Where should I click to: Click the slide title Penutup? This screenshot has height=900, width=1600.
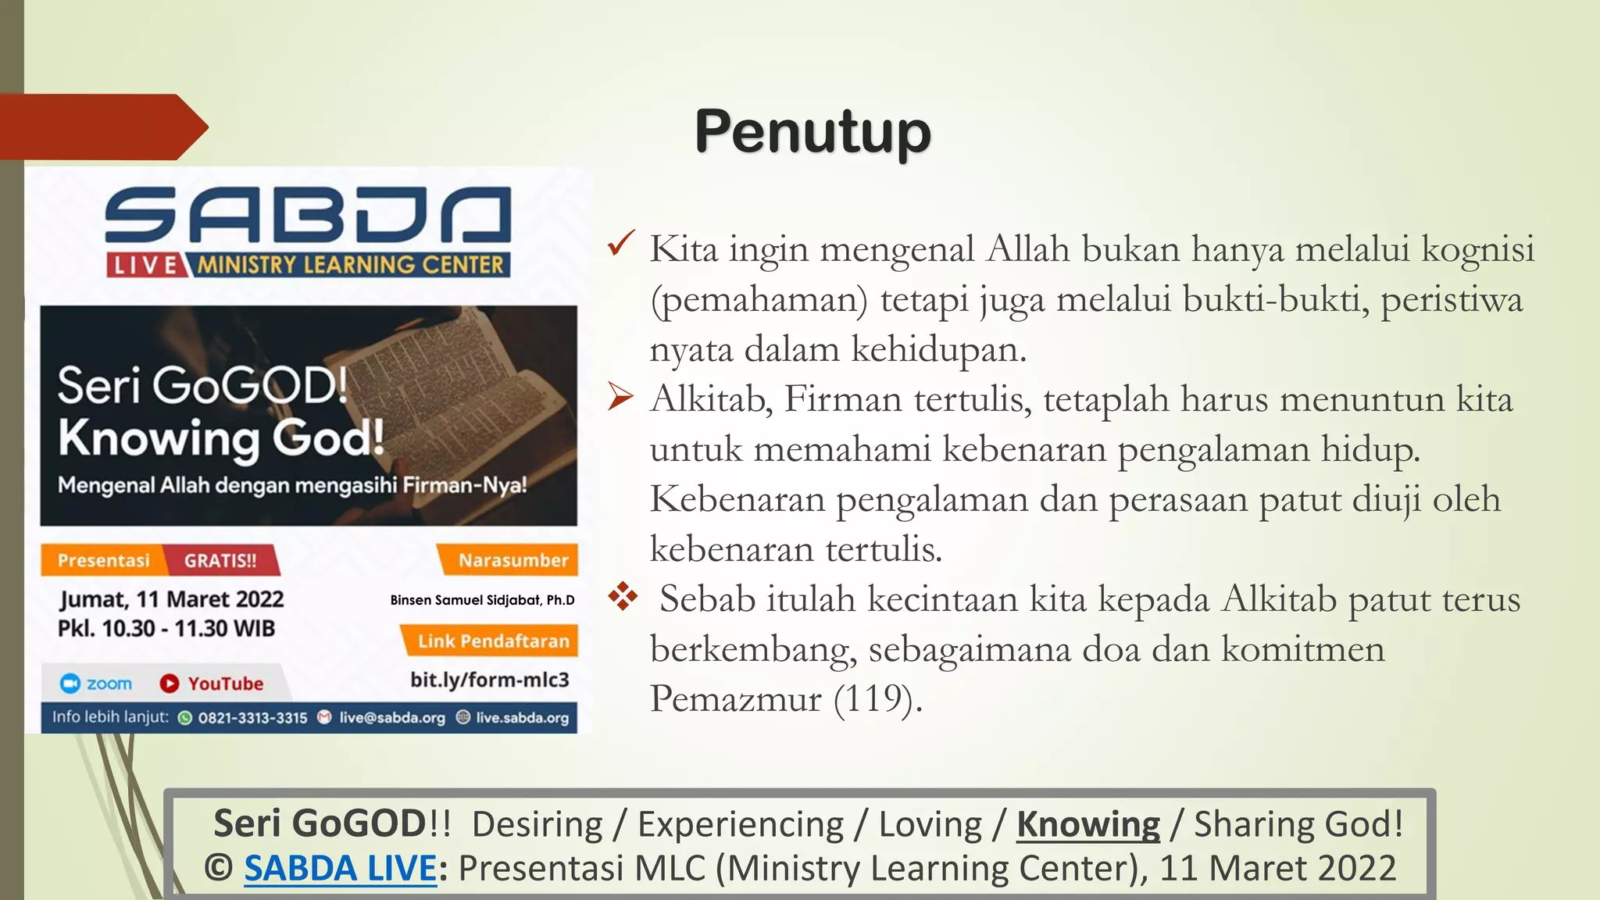coord(812,131)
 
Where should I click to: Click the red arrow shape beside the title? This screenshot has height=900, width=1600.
coord(102,127)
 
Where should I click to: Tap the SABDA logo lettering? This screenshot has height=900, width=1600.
coord(308,215)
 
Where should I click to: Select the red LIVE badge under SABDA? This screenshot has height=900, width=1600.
coord(145,266)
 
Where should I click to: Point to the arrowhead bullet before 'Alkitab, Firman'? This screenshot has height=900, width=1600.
coord(621,398)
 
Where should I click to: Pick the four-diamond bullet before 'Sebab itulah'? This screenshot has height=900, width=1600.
coord(623,596)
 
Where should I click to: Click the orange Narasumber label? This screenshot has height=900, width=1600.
coord(512,560)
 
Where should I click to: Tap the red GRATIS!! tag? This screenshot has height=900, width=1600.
coord(220,560)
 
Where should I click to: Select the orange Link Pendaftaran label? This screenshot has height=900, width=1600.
coord(493,641)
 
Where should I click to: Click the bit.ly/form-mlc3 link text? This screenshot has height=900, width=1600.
coord(490,680)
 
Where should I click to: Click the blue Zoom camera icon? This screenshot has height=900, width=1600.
coord(70,684)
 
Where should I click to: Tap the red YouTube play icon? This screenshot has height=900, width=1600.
coord(169,684)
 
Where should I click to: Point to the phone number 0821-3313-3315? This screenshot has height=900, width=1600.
coord(252,718)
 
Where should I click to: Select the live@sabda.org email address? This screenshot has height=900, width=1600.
coord(391,718)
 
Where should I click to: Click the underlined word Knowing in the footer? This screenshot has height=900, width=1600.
coord(1087,824)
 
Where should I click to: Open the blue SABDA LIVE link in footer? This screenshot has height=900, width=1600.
coord(340,869)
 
